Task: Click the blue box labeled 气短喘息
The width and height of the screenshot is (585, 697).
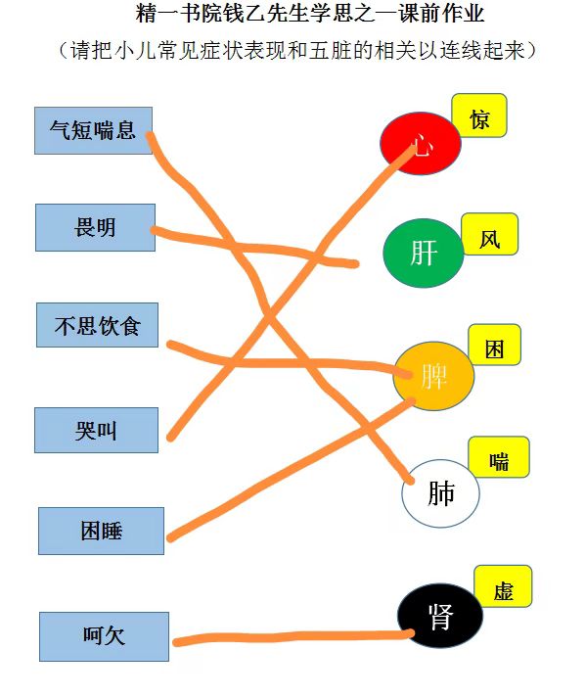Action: click(x=93, y=131)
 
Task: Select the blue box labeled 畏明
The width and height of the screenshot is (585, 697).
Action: click(x=95, y=227)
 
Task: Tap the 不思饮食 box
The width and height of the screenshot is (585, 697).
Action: click(x=97, y=325)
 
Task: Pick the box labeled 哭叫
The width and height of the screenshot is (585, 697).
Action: click(x=97, y=431)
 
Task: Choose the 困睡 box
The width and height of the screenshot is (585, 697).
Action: click(x=102, y=531)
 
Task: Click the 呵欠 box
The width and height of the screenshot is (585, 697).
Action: click(x=104, y=636)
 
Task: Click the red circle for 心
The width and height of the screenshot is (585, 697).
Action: click(x=421, y=143)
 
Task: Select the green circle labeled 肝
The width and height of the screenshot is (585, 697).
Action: click(x=423, y=253)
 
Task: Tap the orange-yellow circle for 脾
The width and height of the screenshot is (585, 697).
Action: click(x=433, y=376)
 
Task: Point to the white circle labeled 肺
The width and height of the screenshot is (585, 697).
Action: click(x=440, y=493)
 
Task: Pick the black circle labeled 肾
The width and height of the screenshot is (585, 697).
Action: click(x=440, y=616)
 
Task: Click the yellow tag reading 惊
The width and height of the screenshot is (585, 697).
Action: click(x=479, y=116)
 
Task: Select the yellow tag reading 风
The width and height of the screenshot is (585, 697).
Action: click(x=489, y=234)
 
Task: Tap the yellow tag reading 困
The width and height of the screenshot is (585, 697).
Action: click(x=494, y=345)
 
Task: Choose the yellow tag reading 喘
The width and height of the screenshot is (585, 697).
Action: click(x=499, y=457)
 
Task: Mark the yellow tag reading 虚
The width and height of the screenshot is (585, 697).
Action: click(x=503, y=586)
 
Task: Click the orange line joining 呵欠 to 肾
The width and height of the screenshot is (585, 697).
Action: click(x=293, y=637)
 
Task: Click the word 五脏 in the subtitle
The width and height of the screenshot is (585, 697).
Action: click(x=331, y=50)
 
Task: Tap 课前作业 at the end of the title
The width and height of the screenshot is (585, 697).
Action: click(x=441, y=14)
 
